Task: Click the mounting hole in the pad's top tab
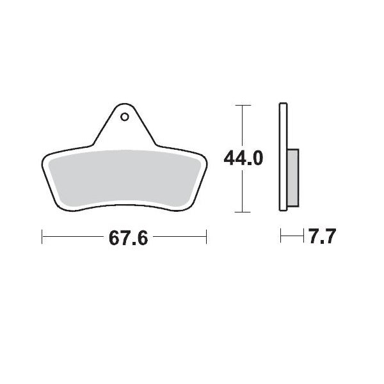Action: point(125,117)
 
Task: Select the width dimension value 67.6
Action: point(128,238)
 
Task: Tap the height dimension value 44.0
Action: point(243,157)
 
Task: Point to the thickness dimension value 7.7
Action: point(322,238)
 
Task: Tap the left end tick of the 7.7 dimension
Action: point(281,237)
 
